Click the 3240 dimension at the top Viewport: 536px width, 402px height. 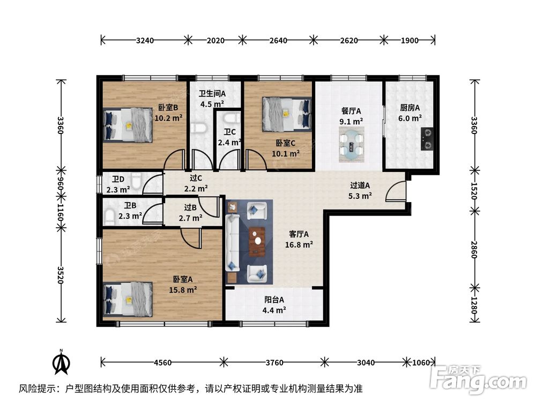(x=145, y=40)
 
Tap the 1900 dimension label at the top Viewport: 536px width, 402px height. (x=410, y=40)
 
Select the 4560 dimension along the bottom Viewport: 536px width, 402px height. (x=163, y=362)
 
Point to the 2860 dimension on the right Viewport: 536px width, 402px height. (x=474, y=250)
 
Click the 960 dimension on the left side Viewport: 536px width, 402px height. (x=61, y=184)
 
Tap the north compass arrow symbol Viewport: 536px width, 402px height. (x=61, y=362)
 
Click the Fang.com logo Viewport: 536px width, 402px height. (x=479, y=379)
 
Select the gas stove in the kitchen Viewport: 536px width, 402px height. (x=427, y=139)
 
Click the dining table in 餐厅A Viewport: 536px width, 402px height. (x=352, y=145)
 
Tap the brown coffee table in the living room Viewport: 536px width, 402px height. (x=257, y=242)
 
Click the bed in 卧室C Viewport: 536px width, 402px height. (x=287, y=115)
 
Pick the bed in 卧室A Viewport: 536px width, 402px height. (x=128, y=300)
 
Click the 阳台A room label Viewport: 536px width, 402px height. (x=274, y=300)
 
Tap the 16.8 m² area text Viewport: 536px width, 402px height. (x=299, y=245)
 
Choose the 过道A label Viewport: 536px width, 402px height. (x=360, y=185)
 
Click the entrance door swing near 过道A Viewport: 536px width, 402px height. (x=396, y=191)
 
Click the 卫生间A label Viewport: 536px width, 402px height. (x=212, y=93)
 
